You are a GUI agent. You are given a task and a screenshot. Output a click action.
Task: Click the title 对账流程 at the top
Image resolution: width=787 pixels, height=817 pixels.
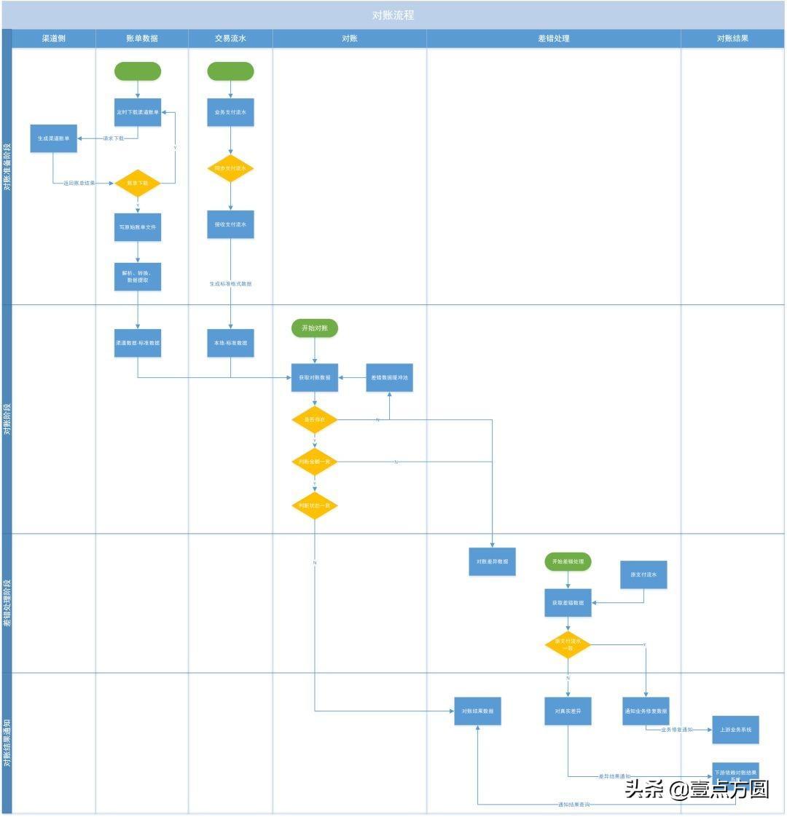coord(393,15)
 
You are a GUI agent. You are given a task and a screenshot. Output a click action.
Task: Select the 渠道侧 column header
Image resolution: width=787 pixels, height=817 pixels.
coord(53,39)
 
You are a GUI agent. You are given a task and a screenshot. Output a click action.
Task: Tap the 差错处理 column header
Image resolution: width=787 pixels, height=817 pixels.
coord(553,39)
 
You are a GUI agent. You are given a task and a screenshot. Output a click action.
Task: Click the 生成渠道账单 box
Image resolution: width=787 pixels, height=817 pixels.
coord(53,138)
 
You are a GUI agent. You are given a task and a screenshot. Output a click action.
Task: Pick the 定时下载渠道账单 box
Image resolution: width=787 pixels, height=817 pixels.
coord(138,112)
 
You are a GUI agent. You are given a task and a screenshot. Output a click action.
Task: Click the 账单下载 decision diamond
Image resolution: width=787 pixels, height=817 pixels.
coord(137,183)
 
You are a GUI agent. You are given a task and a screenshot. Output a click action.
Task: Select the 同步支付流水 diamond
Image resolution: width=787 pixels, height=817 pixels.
coord(230,168)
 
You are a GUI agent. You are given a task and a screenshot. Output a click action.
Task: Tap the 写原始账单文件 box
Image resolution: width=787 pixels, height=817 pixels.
coord(138,227)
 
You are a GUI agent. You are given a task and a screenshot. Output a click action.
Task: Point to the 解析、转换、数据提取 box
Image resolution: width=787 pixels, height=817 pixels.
coord(138,277)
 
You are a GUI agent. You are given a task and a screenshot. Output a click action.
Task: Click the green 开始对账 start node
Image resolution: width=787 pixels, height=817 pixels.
coord(315,328)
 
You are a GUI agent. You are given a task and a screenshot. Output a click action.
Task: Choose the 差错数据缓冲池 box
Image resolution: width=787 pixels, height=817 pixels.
coord(389,378)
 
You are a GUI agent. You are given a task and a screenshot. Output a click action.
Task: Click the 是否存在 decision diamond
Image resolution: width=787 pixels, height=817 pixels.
coord(314,420)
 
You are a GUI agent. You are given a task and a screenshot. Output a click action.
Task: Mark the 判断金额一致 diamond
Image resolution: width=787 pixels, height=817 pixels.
coord(314,462)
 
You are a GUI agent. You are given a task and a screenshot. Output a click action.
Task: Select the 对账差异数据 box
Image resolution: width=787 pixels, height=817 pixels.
coord(492,562)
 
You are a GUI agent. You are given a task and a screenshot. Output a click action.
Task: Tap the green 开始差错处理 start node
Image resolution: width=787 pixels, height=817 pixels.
coord(568,562)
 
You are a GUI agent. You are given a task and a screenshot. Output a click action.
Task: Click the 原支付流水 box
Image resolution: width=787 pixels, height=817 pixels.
coord(643,575)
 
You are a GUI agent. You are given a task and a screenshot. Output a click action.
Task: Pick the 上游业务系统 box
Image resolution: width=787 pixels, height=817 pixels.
coord(735,730)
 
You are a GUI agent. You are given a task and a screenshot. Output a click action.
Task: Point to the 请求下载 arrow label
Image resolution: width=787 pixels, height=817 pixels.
coord(113,138)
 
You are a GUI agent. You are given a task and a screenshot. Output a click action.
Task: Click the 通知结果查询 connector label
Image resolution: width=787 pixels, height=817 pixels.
coord(574,805)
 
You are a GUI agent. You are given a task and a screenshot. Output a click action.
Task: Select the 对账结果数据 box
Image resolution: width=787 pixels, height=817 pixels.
coord(477,711)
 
